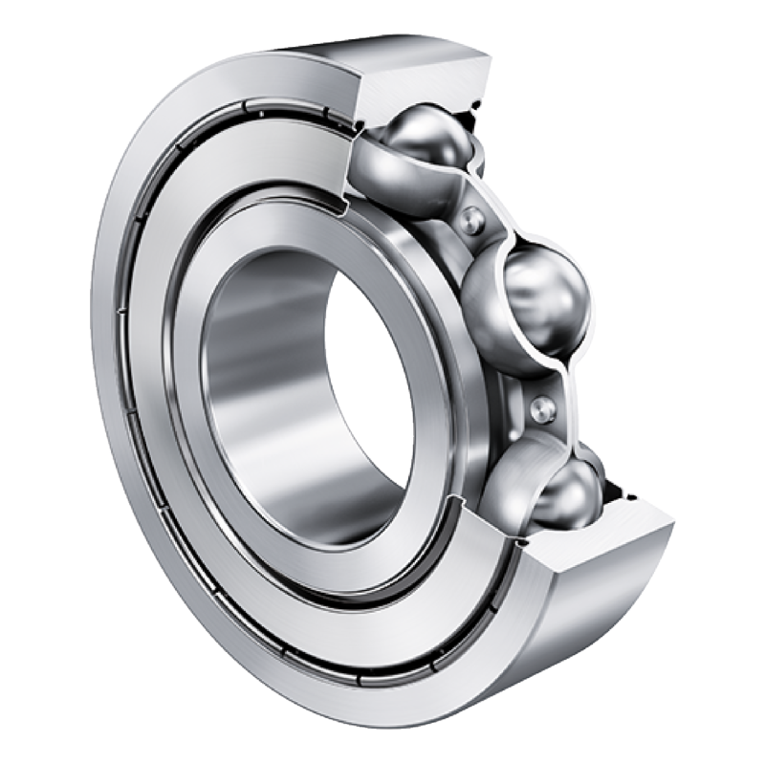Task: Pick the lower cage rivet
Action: click(x=541, y=408)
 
